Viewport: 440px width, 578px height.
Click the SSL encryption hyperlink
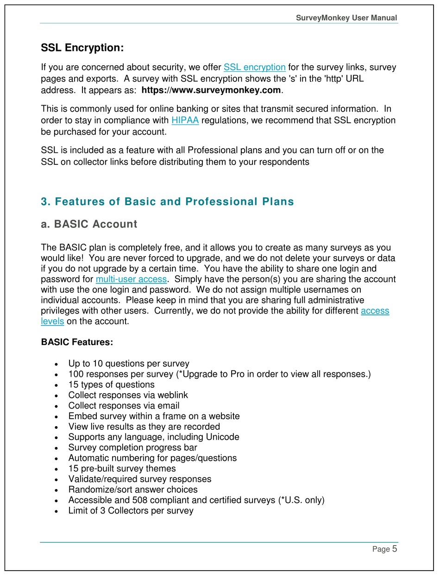point(254,67)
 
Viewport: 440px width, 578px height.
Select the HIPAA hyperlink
point(185,120)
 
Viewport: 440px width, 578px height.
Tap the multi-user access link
point(131,279)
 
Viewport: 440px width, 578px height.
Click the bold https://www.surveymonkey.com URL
point(211,90)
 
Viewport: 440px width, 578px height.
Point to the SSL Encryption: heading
point(82,48)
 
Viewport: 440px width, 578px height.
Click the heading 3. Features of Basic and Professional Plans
point(167,202)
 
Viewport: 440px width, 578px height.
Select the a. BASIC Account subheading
point(89,224)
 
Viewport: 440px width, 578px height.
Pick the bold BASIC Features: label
point(77,342)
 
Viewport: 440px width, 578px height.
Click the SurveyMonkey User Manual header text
point(346,18)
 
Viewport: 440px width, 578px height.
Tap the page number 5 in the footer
point(395,549)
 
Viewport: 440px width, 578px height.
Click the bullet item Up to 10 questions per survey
point(128,364)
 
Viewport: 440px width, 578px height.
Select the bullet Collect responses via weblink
point(128,395)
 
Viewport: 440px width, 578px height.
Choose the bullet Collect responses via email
point(124,406)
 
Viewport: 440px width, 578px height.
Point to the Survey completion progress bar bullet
point(132,447)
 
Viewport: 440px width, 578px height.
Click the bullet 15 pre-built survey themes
point(122,468)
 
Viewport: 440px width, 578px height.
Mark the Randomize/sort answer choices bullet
point(132,490)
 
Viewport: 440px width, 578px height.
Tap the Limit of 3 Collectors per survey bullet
point(131,510)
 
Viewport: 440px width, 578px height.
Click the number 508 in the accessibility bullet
point(140,500)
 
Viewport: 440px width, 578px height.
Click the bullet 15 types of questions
point(111,384)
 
